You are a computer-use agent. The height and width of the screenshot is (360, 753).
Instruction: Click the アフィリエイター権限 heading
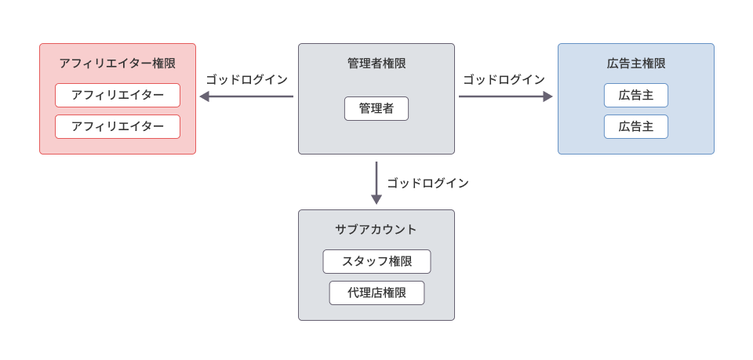tap(117, 64)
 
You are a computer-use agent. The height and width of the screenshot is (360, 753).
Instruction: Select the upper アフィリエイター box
tap(118, 95)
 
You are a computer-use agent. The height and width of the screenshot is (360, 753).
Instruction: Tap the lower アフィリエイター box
tap(118, 126)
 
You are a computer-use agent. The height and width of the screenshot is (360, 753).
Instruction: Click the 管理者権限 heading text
tap(376, 64)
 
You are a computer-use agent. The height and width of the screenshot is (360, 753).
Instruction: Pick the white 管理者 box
tap(376, 108)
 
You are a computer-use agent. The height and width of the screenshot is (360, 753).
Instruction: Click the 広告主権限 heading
tap(636, 64)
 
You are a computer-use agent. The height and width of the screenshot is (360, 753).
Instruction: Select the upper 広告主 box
tap(636, 95)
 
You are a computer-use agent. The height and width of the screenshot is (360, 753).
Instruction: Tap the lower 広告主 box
tap(636, 126)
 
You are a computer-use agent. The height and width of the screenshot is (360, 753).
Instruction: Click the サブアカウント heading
tap(376, 230)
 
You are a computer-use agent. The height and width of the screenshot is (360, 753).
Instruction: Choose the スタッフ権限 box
tap(376, 261)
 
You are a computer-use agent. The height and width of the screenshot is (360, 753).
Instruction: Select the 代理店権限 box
tap(376, 293)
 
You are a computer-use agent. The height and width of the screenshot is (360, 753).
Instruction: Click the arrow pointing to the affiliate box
tap(247, 96)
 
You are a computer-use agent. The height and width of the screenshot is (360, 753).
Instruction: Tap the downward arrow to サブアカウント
tap(376, 180)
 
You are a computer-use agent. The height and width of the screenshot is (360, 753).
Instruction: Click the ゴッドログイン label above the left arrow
tap(247, 80)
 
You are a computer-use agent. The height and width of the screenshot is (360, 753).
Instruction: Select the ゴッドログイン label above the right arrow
tap(504, 80)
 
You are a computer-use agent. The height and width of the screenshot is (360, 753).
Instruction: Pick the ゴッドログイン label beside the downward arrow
tap(427, 184)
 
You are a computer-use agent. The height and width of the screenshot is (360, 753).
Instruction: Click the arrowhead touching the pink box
tap(204, 96)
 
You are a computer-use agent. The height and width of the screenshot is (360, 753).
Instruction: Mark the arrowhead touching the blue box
tap(547, 96)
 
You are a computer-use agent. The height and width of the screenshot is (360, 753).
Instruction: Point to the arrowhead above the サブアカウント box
tap(376, 200)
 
